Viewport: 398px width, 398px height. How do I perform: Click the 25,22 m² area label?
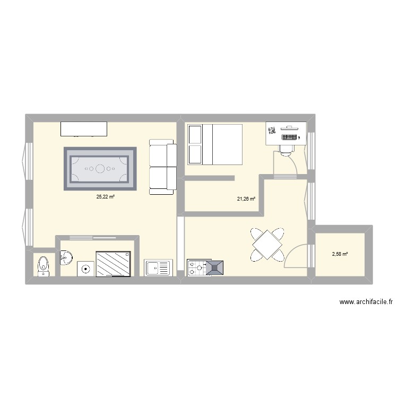[105, 196]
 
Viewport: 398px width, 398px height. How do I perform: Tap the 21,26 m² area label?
[246, 199]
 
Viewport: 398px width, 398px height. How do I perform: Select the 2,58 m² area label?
[340, 254]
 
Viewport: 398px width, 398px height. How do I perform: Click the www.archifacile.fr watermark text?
[366, 302]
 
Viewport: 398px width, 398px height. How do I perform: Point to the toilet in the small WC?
[42, 265]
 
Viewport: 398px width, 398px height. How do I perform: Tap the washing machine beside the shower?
[85, 269]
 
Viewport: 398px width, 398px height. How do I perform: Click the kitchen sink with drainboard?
[158, 268]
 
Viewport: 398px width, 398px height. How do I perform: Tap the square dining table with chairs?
[267, 244]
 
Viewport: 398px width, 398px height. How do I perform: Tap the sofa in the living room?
[163, 166]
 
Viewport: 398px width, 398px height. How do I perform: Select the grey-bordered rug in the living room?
[100, 169]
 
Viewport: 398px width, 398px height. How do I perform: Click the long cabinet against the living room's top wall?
[84, 129]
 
